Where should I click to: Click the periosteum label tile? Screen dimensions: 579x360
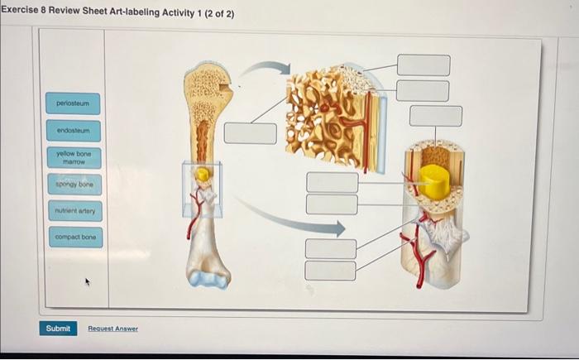point(74,104)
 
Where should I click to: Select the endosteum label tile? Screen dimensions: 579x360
point(74,130)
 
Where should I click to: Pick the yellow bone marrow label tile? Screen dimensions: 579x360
point(74,157)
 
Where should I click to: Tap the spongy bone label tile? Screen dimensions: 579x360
point(74,184)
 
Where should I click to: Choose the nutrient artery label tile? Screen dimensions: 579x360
point(74,210)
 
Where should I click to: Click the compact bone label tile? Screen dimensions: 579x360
point(74,237)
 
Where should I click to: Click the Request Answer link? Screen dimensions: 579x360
point(113,329)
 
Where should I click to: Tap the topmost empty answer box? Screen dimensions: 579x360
point(423,65)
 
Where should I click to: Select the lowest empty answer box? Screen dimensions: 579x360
point(331,271)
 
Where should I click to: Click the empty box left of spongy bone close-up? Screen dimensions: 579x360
point(250,133)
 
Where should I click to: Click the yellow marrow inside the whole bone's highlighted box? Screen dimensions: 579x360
point(202,175)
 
